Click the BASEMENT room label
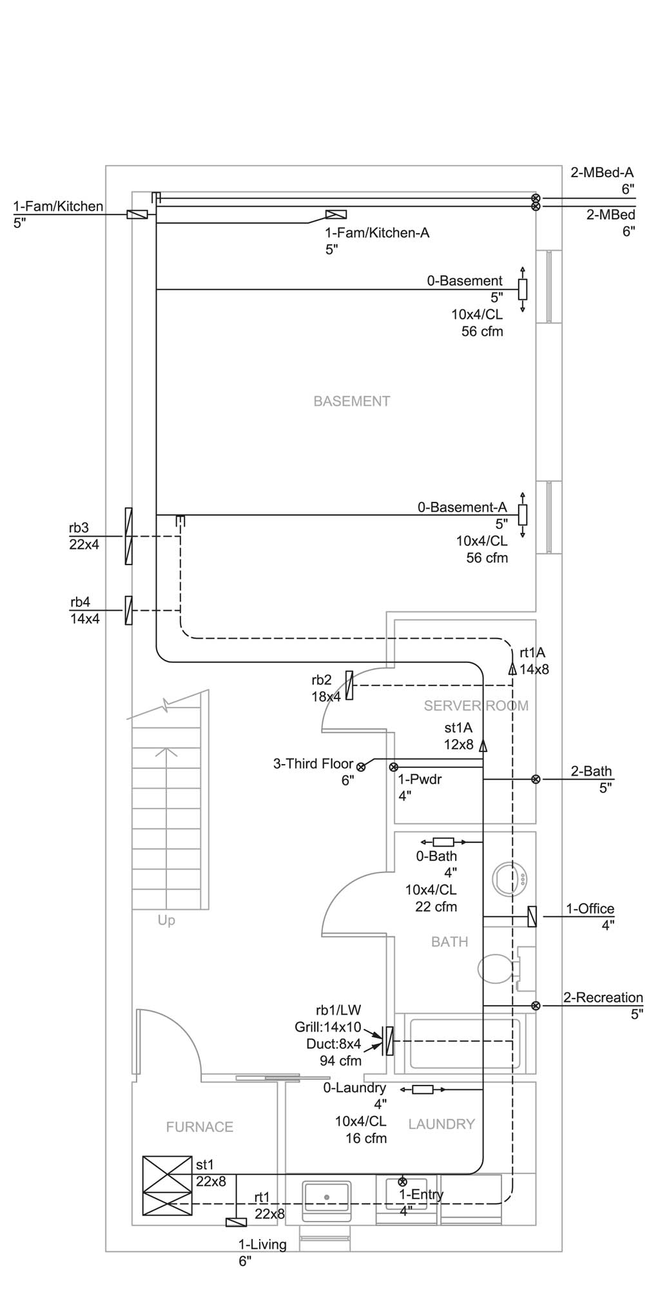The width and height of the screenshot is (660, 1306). [351, 401]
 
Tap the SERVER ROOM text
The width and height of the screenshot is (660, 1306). [476, 706]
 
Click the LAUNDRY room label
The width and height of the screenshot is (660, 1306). [442, 1124]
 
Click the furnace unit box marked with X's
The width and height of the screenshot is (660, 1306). [167, 1186]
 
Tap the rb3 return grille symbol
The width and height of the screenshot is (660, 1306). [128, 536]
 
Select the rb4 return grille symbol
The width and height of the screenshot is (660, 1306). [128, 610]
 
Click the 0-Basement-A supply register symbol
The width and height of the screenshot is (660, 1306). [523, 515]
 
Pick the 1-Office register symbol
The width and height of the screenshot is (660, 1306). [532, 916]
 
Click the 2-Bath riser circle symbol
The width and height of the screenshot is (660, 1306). [536, 779]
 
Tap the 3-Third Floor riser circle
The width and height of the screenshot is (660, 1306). [361, 767]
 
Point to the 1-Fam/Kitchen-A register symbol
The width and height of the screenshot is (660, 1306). [336, 215]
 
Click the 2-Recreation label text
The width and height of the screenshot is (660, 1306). [603, 997]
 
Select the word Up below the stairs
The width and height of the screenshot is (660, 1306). [166, 921]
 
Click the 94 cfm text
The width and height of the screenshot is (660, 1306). [340, 1061]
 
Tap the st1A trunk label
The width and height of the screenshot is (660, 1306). [458, 728]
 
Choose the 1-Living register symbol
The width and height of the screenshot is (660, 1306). [236, 1222]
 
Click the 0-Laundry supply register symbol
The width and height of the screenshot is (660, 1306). [423, 1090]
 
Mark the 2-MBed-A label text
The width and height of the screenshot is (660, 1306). [602, 173]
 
